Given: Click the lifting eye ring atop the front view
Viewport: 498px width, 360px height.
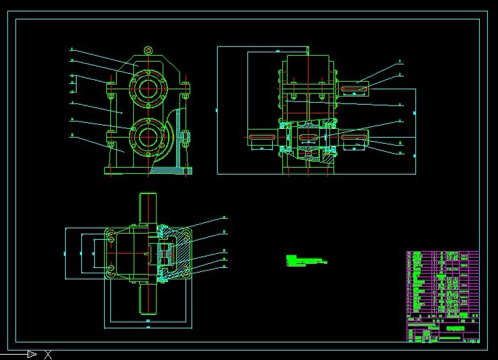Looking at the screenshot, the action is (x=149, y=50).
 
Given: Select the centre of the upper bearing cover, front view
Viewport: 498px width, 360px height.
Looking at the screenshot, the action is (x=148, y=86).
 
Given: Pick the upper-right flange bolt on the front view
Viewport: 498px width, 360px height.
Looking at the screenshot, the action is (x=186, y=85).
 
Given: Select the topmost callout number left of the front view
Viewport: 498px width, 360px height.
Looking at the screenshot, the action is (x=72, y=50).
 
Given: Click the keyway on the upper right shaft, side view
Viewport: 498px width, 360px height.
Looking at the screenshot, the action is (x=354, y=88).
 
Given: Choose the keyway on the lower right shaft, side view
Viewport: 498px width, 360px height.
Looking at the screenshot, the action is (x=354, y=138).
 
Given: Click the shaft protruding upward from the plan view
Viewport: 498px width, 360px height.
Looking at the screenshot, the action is (x=148, y=208).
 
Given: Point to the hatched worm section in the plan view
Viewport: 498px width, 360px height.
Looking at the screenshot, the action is (x=166, y=253).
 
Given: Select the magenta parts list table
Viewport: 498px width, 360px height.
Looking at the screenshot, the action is (x=442, y=296).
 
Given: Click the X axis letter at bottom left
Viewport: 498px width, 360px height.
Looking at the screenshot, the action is (x=48, y=355).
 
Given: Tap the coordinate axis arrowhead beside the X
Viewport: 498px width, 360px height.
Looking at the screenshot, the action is (x=32, y=354).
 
